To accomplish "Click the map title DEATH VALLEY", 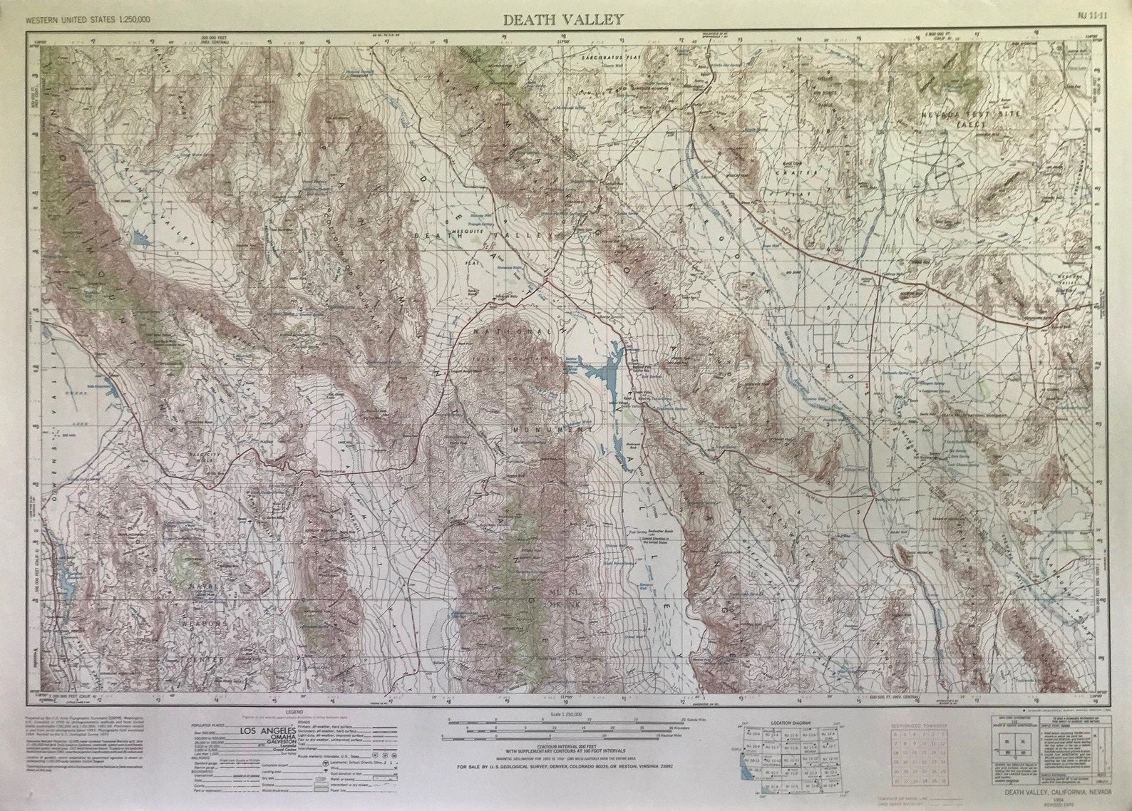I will click(x=564, y=19).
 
